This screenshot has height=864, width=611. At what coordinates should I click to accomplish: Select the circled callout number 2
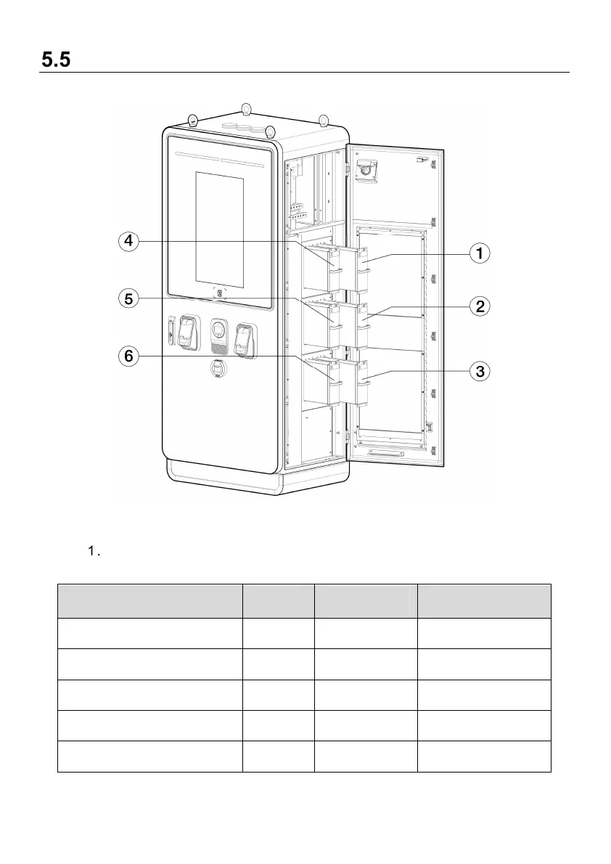(479, 306)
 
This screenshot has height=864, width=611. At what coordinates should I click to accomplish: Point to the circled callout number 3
(479, 372)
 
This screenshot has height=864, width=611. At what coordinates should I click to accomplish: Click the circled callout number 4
(128, 242)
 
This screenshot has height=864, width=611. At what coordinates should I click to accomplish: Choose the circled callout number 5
(128, 298)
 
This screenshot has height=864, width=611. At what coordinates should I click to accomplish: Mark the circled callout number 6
(128, 356)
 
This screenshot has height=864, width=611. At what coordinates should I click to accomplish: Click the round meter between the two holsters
(218, 330)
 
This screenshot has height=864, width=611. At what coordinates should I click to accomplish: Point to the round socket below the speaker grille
(218, 369)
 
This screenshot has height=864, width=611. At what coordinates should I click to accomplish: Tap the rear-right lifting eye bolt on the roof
(324, 118)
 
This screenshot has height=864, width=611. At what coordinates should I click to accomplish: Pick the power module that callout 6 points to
(335, 378)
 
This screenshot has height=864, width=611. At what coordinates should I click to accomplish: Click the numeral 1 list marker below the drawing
(91, 553)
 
